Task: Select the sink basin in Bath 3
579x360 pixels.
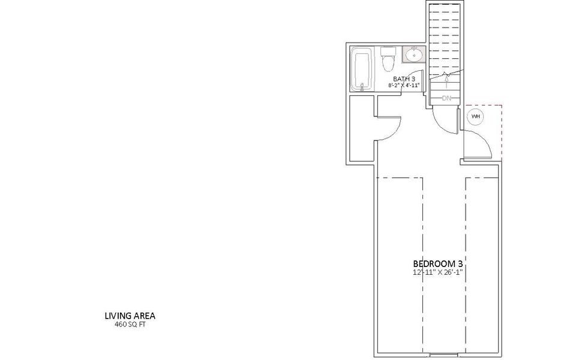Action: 413,55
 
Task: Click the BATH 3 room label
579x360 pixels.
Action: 404,79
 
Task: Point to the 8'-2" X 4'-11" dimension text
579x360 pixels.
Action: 403,86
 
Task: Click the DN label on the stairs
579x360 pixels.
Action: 446,98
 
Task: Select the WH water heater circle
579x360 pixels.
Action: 475,116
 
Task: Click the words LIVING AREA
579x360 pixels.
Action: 130,315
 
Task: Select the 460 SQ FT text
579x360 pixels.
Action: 130,324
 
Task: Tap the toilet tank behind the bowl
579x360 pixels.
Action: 387,50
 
